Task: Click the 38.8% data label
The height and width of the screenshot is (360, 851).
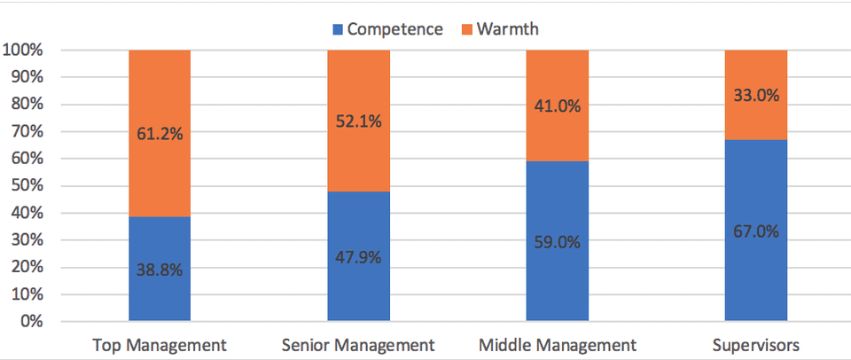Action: coord(160,269)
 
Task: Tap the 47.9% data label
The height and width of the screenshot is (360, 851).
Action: coord(359,256)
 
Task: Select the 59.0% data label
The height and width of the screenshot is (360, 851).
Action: coord(558,241)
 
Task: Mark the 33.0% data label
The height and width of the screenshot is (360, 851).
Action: coord(756,95)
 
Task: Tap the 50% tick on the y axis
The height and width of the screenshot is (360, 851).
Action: coord(26,186)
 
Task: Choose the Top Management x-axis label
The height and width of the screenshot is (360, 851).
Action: coord(160,344)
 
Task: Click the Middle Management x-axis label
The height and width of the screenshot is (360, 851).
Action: coord(558,344)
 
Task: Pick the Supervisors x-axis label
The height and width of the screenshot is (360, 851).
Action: coord(756,344)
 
